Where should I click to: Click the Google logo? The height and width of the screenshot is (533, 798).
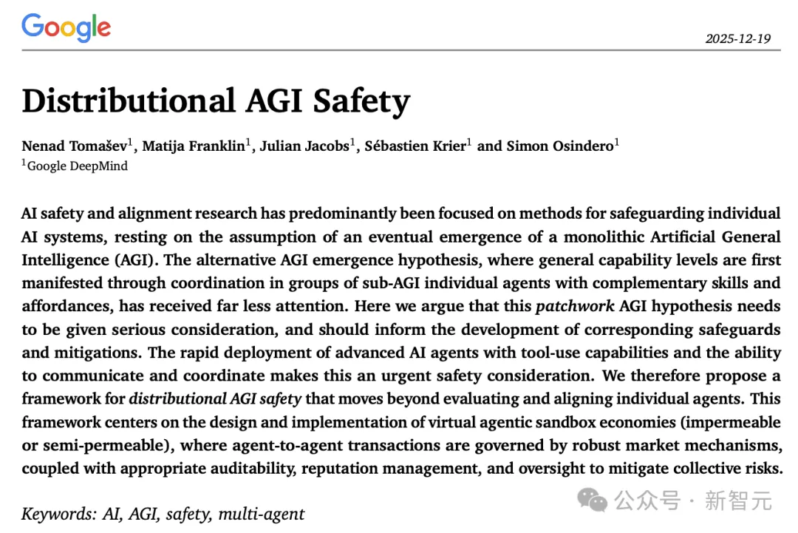[x=66, y=28]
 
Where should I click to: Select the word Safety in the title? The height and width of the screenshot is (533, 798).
[x=361, y=101]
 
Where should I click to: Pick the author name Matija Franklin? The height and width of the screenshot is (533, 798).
[x=194, y=145]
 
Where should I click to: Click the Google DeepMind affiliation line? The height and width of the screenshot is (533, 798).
[x=76, y=166]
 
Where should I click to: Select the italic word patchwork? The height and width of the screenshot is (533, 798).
[x=574, y=307]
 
